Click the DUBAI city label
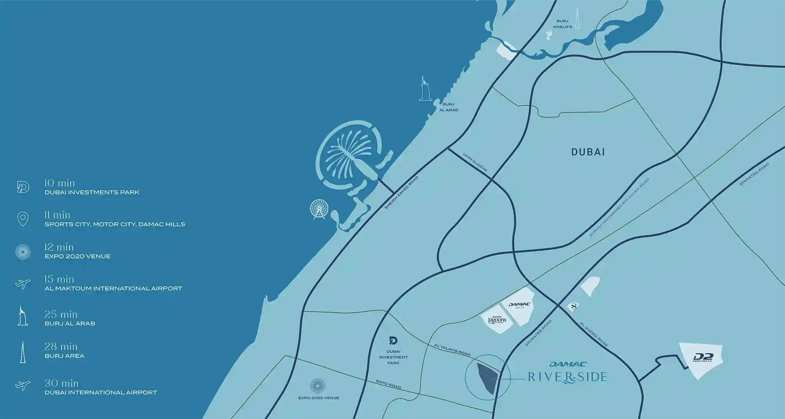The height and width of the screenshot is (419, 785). click(x=588, y=152)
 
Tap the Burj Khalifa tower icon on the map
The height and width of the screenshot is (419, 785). click(x=577, y=18)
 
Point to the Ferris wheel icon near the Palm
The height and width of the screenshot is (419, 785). click(x=319, y=209)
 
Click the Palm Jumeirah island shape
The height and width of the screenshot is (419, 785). click(x=349, y=155)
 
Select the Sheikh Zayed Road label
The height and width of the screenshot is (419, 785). click(x=401, y=192)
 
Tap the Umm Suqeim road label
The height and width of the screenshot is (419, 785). click(x=475, y=162)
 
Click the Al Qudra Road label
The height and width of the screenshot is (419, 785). click(x=593, y=334)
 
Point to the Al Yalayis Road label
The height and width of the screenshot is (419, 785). click(x=452, y=350)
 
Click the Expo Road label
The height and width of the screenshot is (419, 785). click(x=388, y=384)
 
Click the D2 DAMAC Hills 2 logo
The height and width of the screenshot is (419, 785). click(x=703, y=357)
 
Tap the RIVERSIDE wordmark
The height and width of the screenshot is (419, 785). click(x=567, y=377)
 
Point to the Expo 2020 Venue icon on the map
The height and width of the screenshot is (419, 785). click(x=318, y=386)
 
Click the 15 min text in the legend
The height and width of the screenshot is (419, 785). click(x=59, y=279)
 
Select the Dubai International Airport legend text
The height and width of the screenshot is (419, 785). click(x=101, y=392)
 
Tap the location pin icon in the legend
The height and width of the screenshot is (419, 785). click(x=23, y=219)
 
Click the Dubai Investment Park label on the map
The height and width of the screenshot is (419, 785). click(x=393, y=357)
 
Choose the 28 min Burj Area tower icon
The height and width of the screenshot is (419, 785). click(x=23, y=352)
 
